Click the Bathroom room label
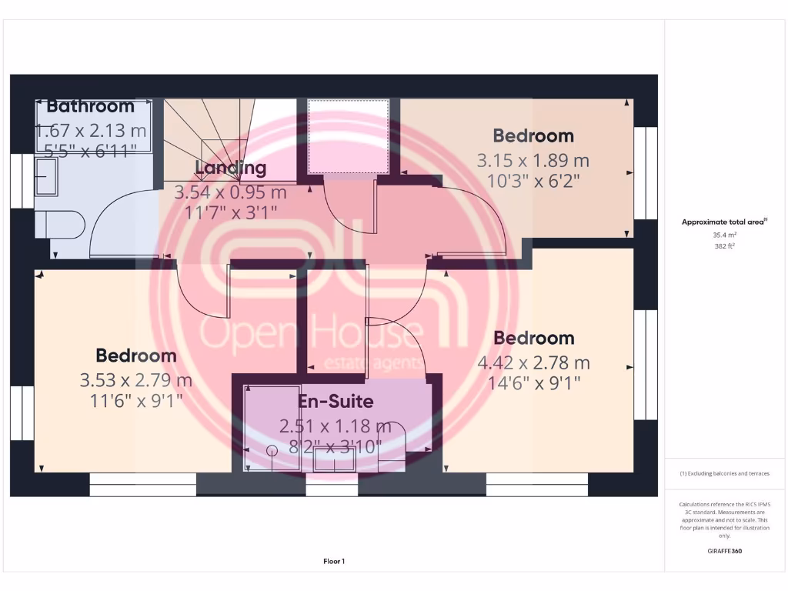[90, 106]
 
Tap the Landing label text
[230, 168]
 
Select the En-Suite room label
[336, 401]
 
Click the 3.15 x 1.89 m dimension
[533, 161]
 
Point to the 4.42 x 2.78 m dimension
[533, 362]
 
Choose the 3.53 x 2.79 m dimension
[135, 380]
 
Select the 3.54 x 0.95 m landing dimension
[230, 192]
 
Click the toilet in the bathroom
[61, 225]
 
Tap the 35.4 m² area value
[724, 235]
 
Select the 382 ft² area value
[724, 246]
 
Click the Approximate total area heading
[723, 222]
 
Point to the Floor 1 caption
[334, 562]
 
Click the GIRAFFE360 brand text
[724, 551]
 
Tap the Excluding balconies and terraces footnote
[724, 473]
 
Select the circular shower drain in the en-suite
[272, 451]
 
